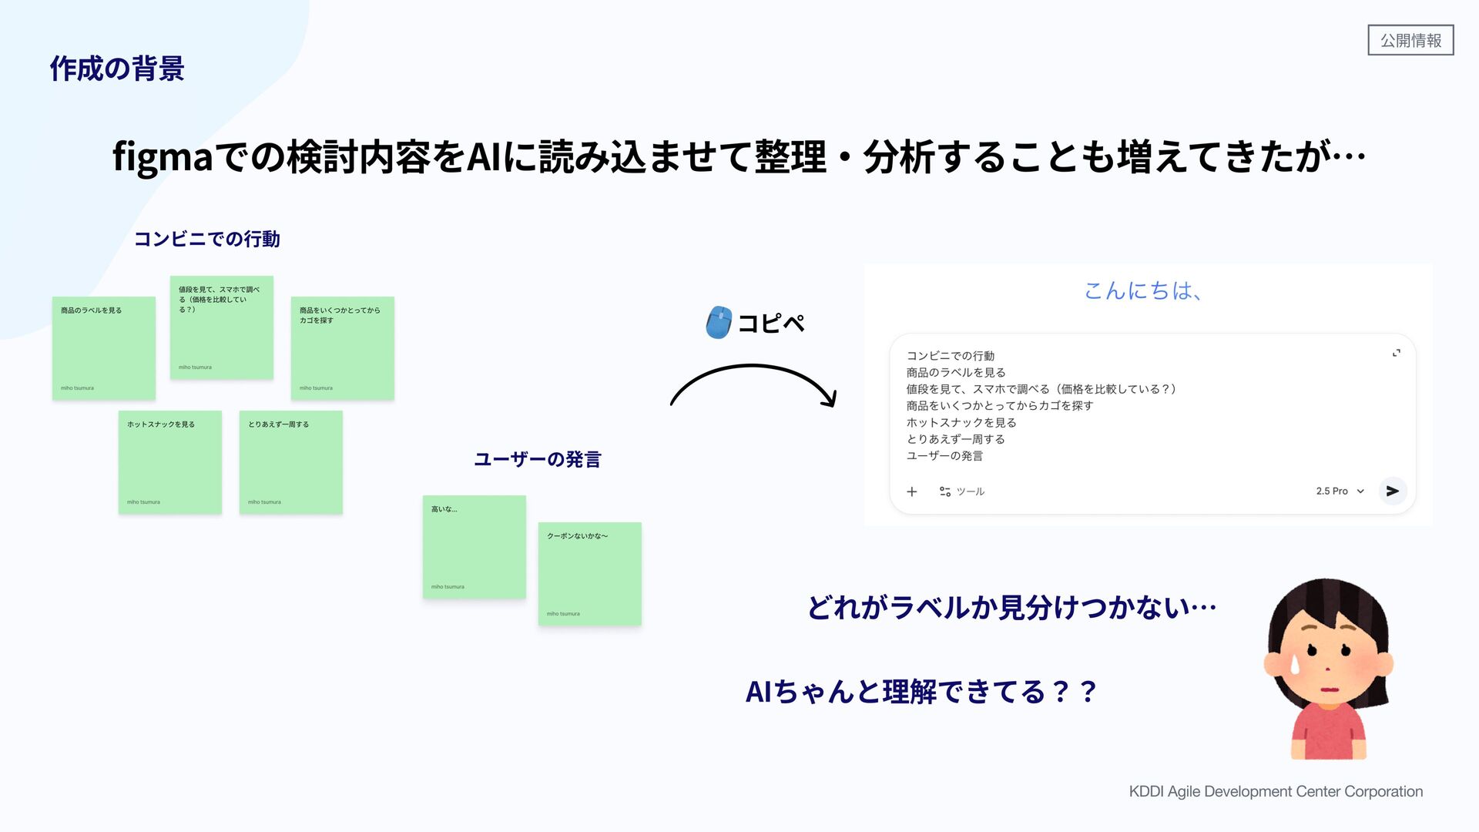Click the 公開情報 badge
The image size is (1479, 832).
tap(1410, 40)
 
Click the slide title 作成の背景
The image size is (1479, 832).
tap(117, 69)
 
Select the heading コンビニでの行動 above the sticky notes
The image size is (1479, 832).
tap(207, 239)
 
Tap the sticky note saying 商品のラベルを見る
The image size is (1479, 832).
tap(104, 348)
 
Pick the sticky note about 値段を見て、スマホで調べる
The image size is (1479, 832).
tap(222, 327)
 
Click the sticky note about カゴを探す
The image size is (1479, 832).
tap(343, 348)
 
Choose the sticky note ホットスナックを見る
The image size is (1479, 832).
tap(170, 462)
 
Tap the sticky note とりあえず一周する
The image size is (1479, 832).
tap(291, 462)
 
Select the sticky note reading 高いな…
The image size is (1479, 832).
tap(475, 547)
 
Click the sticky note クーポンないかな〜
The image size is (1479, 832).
tap(590, 574)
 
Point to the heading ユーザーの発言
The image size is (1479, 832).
tap(537, 460)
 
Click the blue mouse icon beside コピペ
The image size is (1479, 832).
tap(719, 323)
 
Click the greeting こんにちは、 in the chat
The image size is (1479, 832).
tap(1143, 290)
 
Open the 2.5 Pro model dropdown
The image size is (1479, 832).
tap(1340, 491)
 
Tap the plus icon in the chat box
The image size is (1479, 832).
tap(912, 491)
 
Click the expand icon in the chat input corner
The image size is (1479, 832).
tap(1396, 353)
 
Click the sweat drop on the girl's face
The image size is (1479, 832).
tap(1295, 663)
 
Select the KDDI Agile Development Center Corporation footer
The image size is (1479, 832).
tap(1276, 791)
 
